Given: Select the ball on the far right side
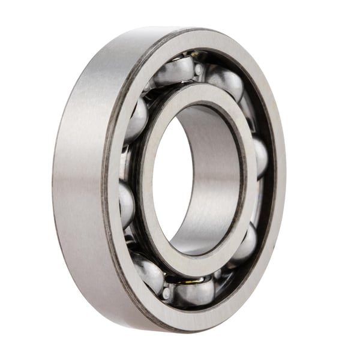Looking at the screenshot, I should point(260,157).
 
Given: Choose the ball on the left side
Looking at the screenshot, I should point(126,203).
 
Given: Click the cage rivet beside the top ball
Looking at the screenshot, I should point(199,70).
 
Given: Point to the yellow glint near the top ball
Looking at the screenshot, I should point(187,58).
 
